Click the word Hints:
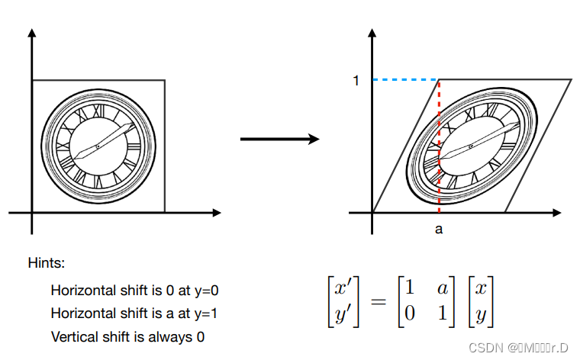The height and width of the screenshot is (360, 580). (47, 263)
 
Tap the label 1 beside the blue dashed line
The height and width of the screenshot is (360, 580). (356, 80)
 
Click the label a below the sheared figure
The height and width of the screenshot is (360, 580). (439, 228)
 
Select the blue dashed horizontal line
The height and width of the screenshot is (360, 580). (405, 79)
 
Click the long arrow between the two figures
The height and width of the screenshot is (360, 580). (279, 139)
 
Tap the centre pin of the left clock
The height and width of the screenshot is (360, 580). (98, 146)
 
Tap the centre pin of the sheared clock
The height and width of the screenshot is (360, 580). (471, 146)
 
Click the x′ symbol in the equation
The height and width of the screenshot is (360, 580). (340, 289)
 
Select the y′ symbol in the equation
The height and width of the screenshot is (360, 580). (340, 314)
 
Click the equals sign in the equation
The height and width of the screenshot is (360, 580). (377, 301)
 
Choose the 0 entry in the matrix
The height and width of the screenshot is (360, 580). (409, 314)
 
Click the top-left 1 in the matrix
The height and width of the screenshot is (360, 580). (409, 289)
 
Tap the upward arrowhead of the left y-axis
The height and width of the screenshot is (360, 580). (32, 34)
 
